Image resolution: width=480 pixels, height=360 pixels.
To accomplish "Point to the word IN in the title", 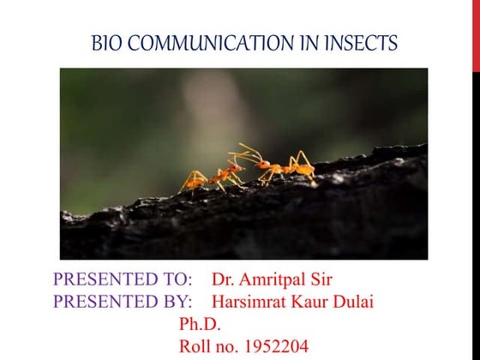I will pos(309,42).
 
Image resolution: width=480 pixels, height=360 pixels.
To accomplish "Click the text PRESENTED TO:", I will pos(127,280).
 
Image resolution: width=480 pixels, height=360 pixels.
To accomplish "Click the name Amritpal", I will pos(274,280).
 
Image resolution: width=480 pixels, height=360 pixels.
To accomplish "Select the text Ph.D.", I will pos(200,324).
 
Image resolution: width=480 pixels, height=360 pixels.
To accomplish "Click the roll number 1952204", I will pos(273,347).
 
